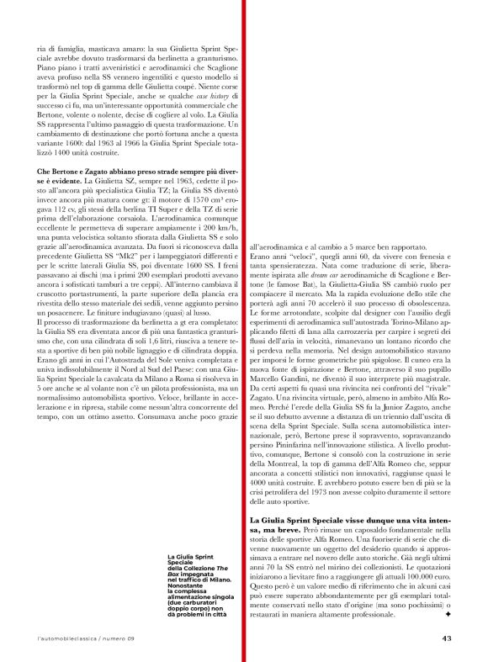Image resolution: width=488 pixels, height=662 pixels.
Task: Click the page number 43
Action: (x=447, y=637)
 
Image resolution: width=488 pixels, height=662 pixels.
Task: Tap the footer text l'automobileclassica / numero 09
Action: (x=85, y=637)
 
